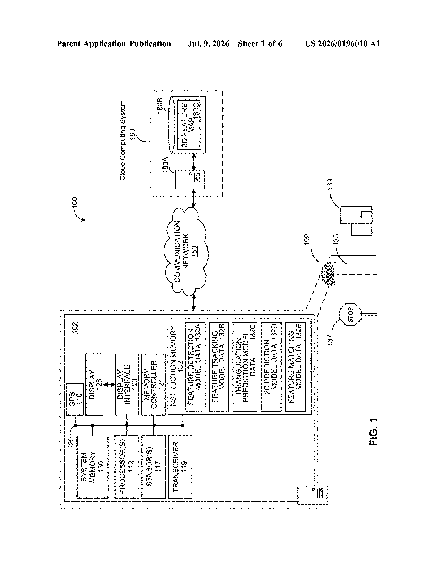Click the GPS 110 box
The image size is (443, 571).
point(75,399)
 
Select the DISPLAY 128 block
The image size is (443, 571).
point(94,384)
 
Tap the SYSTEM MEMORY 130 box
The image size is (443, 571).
point(92,467)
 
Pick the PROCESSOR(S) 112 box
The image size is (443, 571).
point(127,467)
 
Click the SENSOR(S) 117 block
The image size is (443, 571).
point(153,467)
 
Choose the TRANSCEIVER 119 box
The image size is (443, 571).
point(180,467)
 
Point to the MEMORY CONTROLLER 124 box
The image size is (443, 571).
point(153,384)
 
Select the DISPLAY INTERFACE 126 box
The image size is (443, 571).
point(127,384)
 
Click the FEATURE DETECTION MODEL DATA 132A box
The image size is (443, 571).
point(195,367)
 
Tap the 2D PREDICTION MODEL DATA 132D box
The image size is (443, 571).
point(271,367)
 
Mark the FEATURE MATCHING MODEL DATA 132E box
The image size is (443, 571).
point(295,367)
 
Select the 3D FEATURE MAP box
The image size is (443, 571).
point(189,125)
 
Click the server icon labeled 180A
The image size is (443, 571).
point(190,180)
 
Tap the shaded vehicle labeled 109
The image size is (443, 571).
point(328,273)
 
